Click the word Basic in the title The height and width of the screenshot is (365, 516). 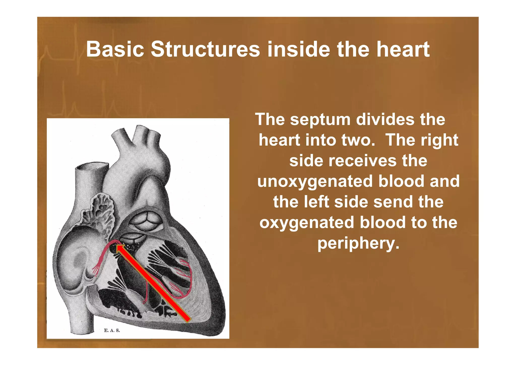pyautogui.click(x=115, y=49)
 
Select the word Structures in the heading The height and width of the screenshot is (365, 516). pyautogui.click(x=205, y=49)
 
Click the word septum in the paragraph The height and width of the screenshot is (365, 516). pyautogui.click(x=320, y=119)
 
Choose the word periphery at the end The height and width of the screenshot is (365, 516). pyautogui.click(x=358, y=243)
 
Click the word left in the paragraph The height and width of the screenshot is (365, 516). pyautogui.click(x=316, y=202)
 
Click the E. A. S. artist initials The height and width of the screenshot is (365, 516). pyautogui.click(x=112, y=330)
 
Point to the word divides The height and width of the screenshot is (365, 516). pyautogui.click(x=385, y=119)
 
